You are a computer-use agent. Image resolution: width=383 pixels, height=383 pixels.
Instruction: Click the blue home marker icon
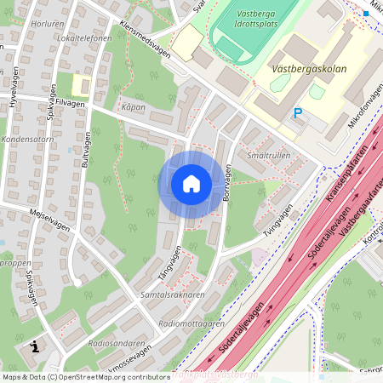pos(191,184)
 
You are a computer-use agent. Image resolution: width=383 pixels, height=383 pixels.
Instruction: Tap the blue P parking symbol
pos(297,112)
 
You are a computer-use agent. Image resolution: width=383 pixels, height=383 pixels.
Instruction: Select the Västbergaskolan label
pos(309,68)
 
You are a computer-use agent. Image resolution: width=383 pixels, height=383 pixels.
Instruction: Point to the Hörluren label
pos(47,25)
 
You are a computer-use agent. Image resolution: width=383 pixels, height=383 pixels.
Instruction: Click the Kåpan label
pos(133,107)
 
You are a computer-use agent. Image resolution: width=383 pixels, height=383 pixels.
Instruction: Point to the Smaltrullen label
pos(268,156)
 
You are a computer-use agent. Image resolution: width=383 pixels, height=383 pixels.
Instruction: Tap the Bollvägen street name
pos(226,183)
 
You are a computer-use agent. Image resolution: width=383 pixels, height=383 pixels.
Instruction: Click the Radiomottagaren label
pos(191,323)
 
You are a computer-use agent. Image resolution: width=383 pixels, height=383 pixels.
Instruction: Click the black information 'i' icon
pos(35,346)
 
